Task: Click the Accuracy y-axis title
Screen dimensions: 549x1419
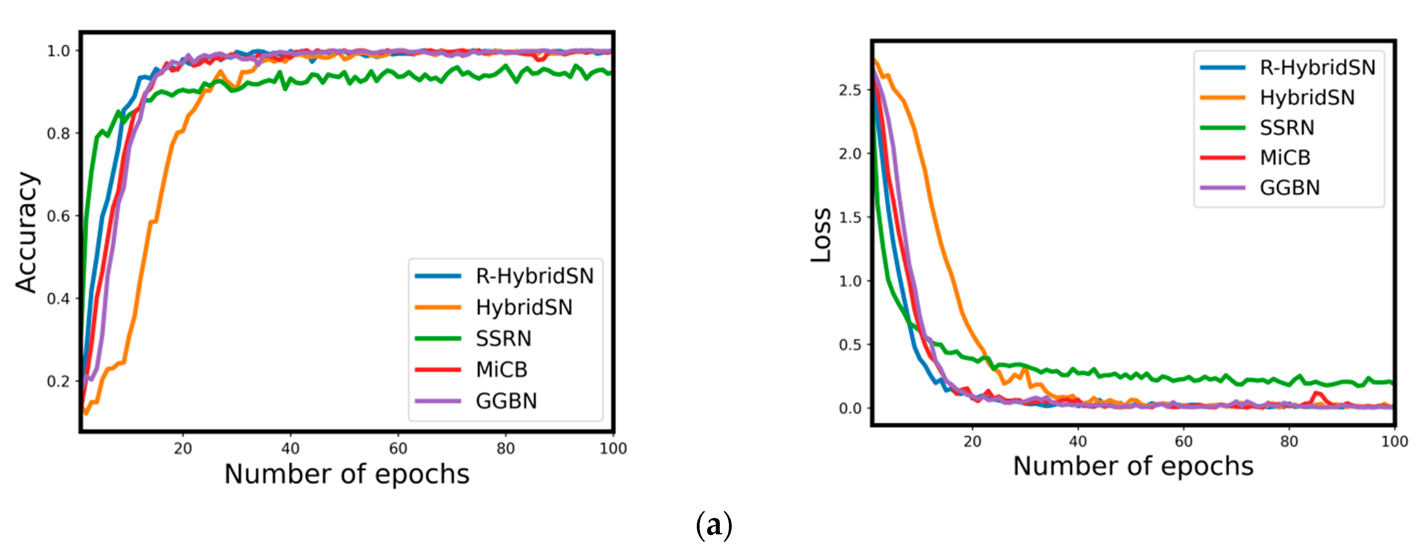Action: click(x=27, y=231)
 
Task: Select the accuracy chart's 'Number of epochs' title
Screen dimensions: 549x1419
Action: click(x=347, y=474)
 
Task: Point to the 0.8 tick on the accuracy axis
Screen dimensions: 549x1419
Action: click(x=58, y=133)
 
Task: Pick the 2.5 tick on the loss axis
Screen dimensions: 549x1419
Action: click(x=850, y=90)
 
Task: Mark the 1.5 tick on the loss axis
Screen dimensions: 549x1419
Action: click(x=850, y=217)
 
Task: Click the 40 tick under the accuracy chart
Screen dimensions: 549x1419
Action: click(x=290, y=449)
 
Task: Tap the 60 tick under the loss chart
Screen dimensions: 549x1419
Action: click(x=1183, y=441)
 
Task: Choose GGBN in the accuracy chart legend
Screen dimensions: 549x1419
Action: click(x=506, y=401)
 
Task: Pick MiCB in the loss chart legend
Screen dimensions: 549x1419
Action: click(x=1285, y=158)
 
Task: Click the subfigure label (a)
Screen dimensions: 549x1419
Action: click(x=714, y=525)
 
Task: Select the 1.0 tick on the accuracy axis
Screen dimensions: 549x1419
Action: click(x=58, y=51)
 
